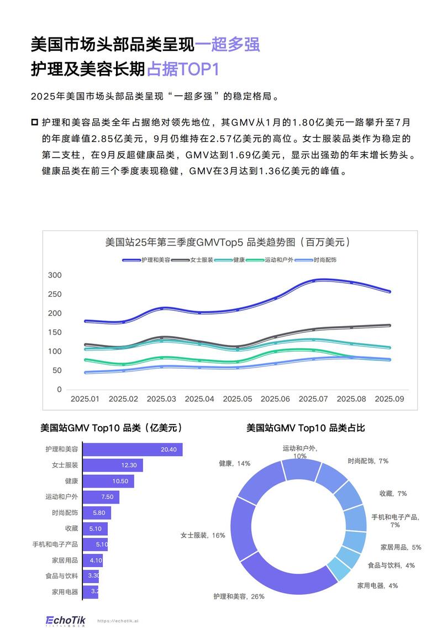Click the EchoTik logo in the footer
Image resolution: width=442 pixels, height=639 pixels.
coord(64,620)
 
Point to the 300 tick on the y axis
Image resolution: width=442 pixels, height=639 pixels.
coord(55,275)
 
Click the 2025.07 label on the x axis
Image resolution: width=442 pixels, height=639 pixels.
coord(314,399)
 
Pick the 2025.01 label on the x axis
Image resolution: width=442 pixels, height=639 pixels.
coord(85,399)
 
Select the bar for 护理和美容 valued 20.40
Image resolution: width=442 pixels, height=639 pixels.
coord(133,449)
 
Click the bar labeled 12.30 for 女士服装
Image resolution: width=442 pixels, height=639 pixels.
coord(113,465)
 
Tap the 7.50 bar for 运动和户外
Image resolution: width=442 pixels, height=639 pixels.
coord(101,497)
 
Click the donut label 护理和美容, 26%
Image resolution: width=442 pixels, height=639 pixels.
coord(239,596)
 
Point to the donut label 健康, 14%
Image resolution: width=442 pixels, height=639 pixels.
coord(234,463)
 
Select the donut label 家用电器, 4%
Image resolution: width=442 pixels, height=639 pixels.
coord(377,585)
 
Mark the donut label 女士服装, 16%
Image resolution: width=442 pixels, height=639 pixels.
coord(203,535)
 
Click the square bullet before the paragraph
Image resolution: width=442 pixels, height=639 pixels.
coord(35,122)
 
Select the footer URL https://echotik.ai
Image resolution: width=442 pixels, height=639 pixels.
coord(118,621)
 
